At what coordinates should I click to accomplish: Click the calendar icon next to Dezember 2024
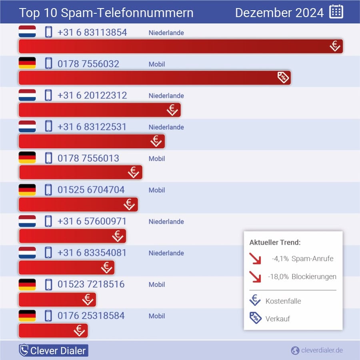[336, 12]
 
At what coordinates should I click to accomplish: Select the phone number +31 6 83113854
[92, 32]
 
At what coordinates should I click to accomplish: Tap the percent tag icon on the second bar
[283, 77]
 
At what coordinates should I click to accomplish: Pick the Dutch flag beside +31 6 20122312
[27, 95]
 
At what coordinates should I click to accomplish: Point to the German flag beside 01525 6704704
[27, 190]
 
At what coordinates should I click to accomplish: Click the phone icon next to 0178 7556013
[48, 158]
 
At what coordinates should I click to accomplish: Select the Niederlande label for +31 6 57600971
[166, 222]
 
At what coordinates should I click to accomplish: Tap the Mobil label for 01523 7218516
[157, 284]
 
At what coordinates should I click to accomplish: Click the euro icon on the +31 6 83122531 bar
[156, 141]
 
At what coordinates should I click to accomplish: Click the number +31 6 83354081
[92, 253]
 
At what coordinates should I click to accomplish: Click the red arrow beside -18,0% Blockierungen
[255, 276]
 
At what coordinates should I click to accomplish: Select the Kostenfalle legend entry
[283, 301]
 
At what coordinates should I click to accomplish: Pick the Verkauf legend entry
[277, 319]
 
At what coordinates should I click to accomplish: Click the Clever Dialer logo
[53, 351]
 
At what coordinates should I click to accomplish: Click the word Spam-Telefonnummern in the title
[127, 12]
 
